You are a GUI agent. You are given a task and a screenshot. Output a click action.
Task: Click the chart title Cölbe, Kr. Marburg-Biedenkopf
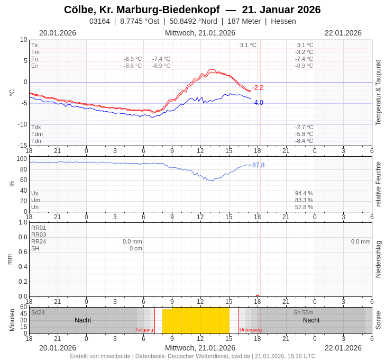[142, 10]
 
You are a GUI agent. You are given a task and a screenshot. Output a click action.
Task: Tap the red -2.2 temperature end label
[258, 88]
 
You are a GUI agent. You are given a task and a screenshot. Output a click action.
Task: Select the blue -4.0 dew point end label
[258, 103]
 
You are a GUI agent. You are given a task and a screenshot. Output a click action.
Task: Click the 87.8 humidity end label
[258, 165]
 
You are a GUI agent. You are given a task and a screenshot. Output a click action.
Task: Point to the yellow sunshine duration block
[196, 321]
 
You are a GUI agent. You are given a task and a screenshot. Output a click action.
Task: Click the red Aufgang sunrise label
[144, 330]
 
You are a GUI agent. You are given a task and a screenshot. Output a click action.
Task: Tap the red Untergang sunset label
[251, 330]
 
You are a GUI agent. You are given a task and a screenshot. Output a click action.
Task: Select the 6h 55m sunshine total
[304, 312]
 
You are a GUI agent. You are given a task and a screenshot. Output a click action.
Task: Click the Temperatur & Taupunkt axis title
[378, 93]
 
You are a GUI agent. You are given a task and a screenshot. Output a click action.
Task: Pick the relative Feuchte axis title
[378, 184]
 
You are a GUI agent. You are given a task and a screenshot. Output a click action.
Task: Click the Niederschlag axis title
[378, 259]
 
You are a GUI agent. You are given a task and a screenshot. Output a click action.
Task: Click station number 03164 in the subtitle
[99, 21]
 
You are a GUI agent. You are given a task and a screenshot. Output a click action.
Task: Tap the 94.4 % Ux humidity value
[304, 193]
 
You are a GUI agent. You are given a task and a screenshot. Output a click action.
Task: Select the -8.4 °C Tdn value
[304, 141]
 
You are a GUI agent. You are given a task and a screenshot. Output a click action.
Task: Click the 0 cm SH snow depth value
[136, 248]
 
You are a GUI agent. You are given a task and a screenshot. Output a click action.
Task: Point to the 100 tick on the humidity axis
[22, 159]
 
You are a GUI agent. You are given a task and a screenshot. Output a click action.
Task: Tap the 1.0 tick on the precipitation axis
[23, 222]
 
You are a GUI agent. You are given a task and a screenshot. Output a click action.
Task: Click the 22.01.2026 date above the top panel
[343, 33]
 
